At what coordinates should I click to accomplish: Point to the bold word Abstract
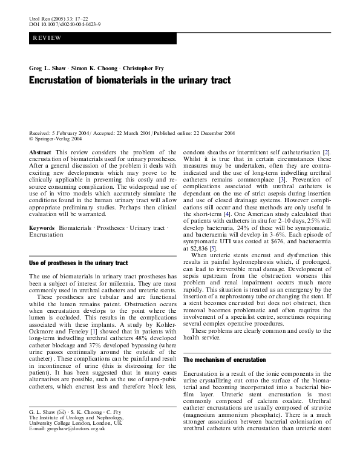click(40, 152)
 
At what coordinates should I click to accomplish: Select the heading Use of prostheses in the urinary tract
click(79, 263)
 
